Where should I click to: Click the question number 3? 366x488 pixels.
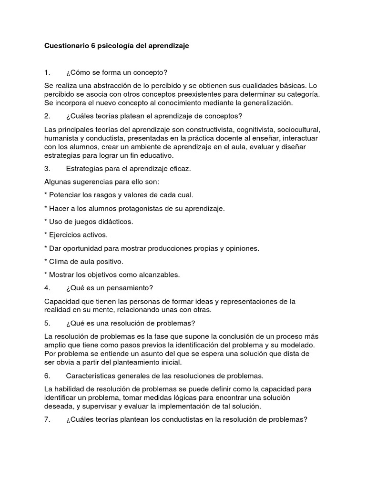tap(47, 169)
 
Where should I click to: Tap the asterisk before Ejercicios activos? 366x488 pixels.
tap(46, 234)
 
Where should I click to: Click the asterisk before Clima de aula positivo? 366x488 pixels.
tap(46, 261)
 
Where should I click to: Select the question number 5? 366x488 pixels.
tap(47, 323)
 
